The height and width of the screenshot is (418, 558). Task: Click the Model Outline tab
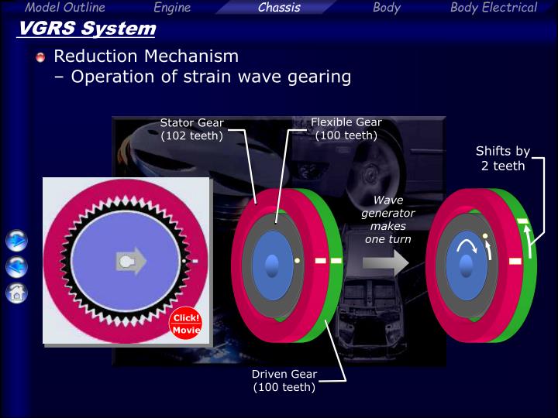coord(64,8)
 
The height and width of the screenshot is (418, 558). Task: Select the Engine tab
coord(172,8)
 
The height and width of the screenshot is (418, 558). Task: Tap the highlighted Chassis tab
coord(279,8)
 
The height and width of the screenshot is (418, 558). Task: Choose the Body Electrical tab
coord(493,8)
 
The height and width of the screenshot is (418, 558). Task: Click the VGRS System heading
coord(86,29)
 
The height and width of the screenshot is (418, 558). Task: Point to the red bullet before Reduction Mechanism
coord(41,57)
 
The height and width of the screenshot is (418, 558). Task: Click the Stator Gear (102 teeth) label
coord(191,129)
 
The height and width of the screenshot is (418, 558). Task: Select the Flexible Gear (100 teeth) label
coord(346,128)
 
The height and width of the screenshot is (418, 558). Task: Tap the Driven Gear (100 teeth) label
coord(284,380)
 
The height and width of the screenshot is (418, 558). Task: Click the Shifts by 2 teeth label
coord(502,159)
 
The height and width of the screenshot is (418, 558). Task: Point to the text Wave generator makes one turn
coord(387,220)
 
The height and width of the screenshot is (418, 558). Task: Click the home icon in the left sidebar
coord(16,293)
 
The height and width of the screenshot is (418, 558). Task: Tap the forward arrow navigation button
coord(16,241)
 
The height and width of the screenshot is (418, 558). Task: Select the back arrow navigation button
coord(16,267)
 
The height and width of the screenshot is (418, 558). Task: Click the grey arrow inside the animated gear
coord(130,262)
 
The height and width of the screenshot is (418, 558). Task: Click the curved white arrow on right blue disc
coord(466,246)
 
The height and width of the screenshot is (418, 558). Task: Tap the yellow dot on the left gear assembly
coord(297,261)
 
